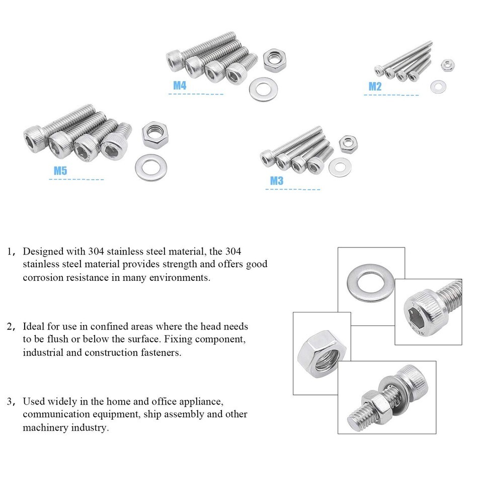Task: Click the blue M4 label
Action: coord(180,86)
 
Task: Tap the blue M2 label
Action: coord(375,87)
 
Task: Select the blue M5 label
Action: coord(60,171)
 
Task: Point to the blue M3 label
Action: coord(277,181)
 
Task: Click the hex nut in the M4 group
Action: coord(275,60)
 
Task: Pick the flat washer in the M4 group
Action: coord(263,90)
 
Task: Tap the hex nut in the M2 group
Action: coord(447,65)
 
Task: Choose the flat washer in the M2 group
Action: coord(438,87)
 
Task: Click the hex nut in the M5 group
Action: coord(155,135)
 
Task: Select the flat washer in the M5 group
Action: coord(151,168)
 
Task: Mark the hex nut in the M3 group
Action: coord(348,144)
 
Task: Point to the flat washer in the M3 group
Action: coord(340,168)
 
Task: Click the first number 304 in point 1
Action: coord(96,252)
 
